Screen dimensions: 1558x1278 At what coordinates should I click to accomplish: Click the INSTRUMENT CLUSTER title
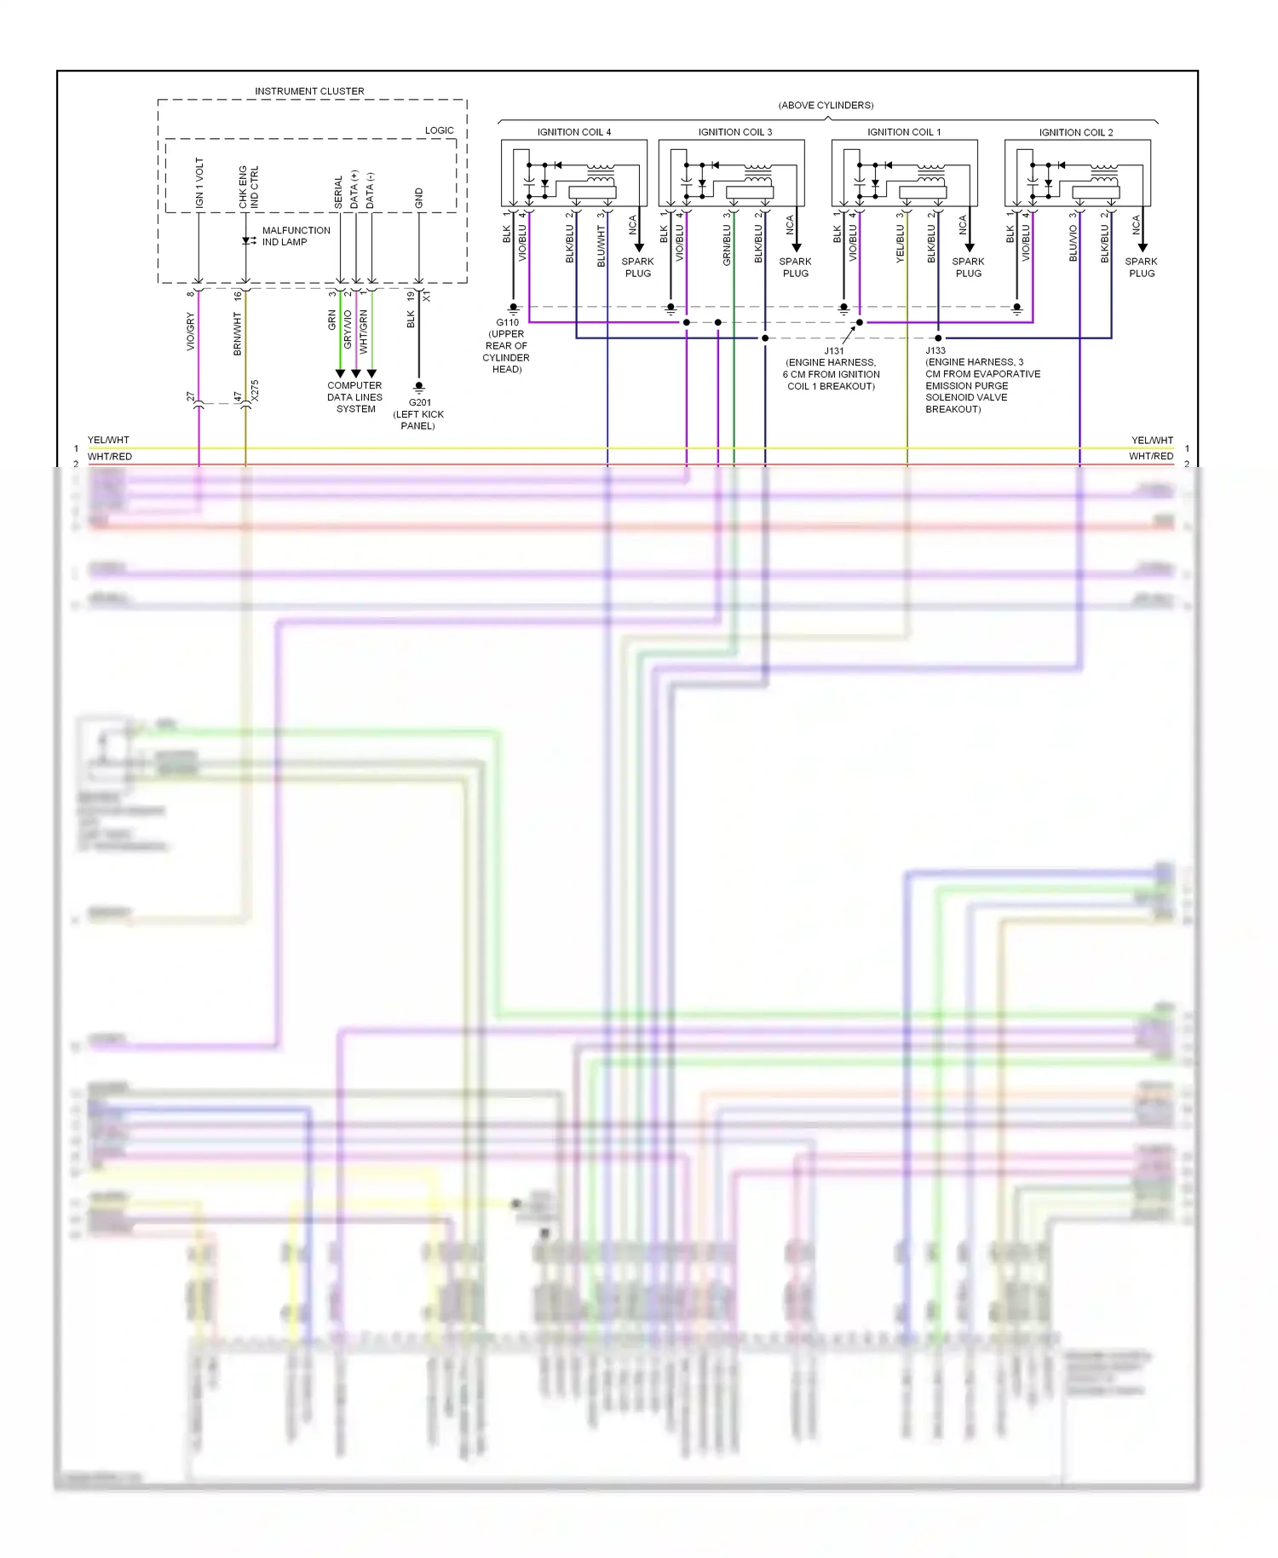point(309,91)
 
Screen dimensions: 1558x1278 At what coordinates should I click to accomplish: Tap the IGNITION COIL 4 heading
point(573,132)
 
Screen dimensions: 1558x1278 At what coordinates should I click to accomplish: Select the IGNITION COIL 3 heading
point(734,132)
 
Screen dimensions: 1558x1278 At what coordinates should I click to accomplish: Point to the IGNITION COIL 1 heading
point(903,132)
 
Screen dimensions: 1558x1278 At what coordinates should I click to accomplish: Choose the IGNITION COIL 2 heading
point(1075,132)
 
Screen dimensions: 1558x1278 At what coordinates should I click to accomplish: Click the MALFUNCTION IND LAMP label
point(295,236)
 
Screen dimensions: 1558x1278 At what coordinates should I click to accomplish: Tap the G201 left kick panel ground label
point(418,414)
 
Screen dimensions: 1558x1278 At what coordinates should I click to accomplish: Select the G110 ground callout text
point(507,345)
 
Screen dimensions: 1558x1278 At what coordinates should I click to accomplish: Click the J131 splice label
point(832,368)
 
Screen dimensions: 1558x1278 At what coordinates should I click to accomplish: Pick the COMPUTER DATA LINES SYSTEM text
point(354,397)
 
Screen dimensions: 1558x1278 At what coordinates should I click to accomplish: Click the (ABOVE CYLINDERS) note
point(826,106)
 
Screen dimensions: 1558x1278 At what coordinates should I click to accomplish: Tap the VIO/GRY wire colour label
point(191,332)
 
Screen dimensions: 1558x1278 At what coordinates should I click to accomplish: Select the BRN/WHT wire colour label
point(238,333)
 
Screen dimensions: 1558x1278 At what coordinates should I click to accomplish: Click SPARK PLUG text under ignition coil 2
point(1141,268)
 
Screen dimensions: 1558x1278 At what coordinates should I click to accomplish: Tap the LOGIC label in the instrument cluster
point(439,130)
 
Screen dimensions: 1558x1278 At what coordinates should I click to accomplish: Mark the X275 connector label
point(255,391)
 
